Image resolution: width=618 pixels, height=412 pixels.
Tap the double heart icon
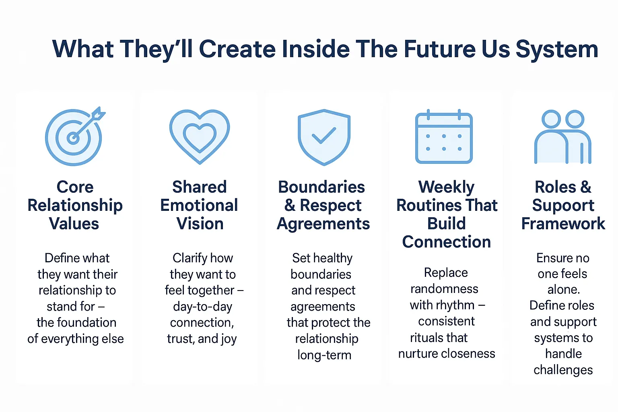point(200,137)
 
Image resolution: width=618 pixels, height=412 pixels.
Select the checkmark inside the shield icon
point(323,136)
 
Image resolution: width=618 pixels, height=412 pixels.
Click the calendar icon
point(444,136)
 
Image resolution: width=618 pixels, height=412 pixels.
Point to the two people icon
point(563,137)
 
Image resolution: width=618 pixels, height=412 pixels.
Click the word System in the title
point(557,49)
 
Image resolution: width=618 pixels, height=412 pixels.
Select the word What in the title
point(83,49)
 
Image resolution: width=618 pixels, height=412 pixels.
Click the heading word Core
point(75,187)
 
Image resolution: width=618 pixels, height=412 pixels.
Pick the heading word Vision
point(200,224)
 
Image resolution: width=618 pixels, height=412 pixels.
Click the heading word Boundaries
point(321,187)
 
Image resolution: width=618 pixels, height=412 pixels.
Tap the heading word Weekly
point(446,187)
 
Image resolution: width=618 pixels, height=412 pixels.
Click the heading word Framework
point(563,224)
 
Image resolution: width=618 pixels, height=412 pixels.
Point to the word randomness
point(444,289)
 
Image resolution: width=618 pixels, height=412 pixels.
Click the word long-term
point(324,355)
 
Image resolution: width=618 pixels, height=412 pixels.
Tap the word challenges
point(563,370)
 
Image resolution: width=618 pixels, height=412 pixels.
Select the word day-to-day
point(203,307)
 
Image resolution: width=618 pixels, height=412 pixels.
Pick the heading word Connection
point(446,242)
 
